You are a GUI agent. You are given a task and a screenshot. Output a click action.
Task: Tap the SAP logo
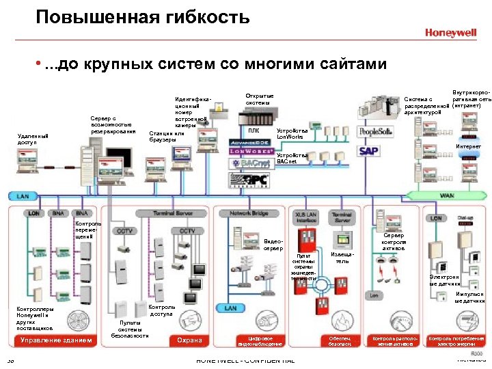(369, 151)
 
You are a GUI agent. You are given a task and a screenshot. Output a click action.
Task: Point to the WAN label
(446, 195)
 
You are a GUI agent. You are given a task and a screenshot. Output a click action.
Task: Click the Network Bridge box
(249, 214)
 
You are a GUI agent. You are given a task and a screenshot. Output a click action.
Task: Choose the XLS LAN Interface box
(305, 217)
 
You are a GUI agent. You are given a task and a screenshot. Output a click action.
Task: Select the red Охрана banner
(189, 340)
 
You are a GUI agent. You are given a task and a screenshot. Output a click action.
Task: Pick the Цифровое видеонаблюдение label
(256, 340)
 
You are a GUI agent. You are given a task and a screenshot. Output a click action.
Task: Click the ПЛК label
(254, 131)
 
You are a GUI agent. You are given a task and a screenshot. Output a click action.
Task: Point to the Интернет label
(469, 147)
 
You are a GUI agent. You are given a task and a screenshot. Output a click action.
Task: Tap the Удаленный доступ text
(32, 139)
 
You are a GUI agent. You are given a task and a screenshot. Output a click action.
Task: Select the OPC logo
(250, 180)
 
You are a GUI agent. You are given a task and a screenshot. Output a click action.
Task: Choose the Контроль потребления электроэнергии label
(456, 340)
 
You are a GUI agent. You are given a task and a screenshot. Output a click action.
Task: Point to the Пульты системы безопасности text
(129, 329)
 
